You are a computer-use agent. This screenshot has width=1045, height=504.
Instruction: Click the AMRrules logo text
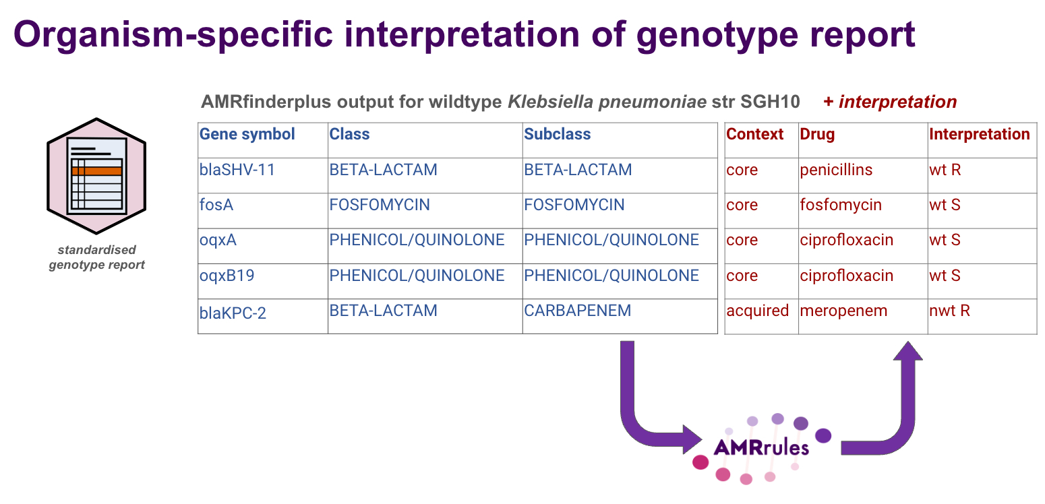pos(761,447)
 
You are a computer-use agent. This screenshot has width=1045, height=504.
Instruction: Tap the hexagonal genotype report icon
pos(96,176)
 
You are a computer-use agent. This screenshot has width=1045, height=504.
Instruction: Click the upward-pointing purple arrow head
pos(908,350)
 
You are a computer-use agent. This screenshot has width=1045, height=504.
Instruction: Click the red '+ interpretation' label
pos(890,102)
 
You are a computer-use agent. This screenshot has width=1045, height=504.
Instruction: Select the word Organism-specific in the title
pos(173,34)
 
